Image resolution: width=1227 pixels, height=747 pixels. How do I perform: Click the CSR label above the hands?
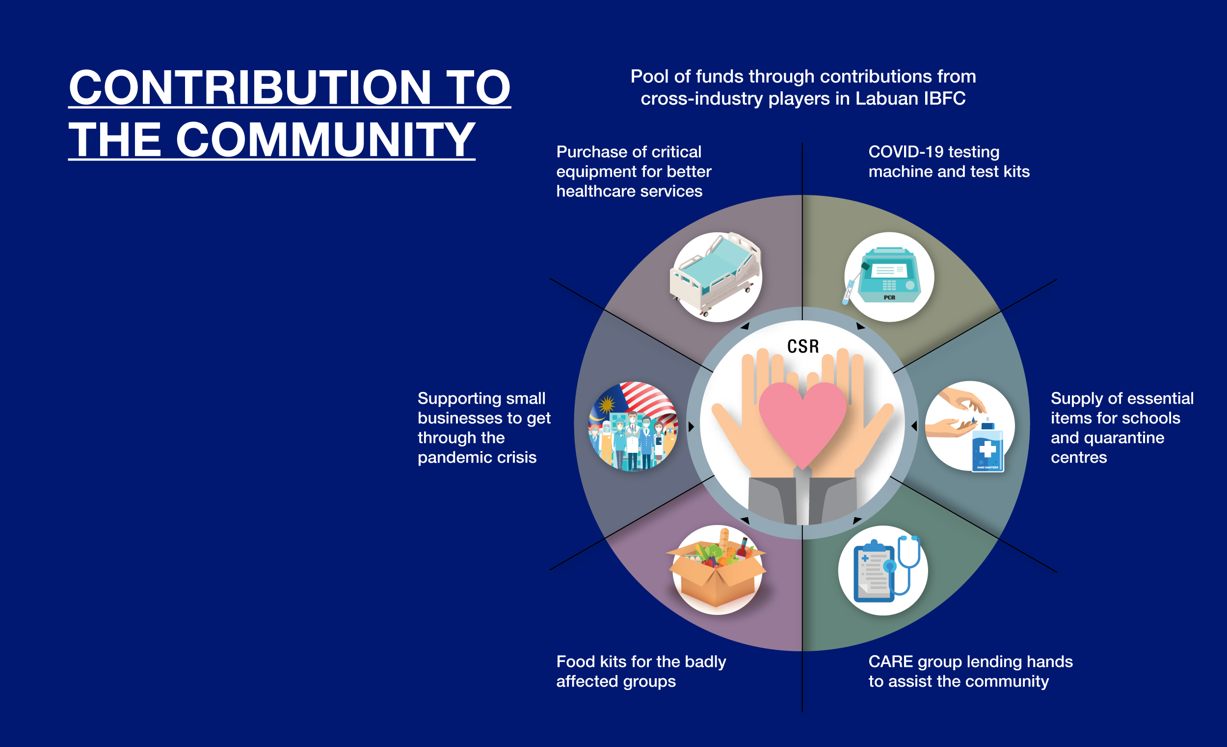pos(803,346)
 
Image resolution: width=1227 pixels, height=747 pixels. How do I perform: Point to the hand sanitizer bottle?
pos(987,446)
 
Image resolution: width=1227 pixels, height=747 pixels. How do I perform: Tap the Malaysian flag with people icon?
pos(633,426)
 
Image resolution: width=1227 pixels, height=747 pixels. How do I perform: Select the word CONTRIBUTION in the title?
pos(250,87)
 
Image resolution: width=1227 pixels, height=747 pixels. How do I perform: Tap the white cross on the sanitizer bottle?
pos(987,449)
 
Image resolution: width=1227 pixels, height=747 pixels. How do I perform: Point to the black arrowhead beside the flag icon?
pos(691,427)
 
